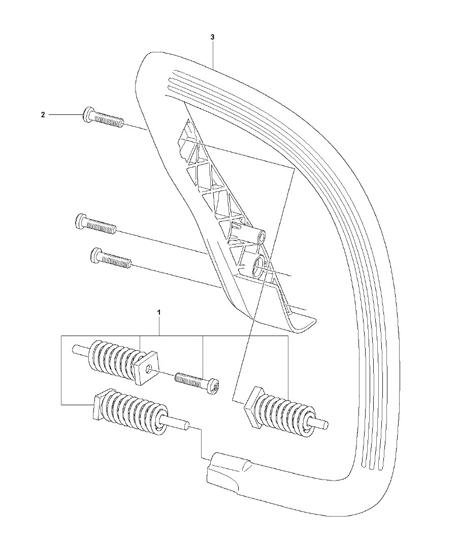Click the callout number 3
click(x=212, y=37)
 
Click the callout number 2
click(x=43, y=114)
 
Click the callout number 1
click(x=159, y=312)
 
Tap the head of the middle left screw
click(x=81, y=221)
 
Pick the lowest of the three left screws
click(x=110, y=258)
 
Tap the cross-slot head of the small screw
click(x=215, y=387)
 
